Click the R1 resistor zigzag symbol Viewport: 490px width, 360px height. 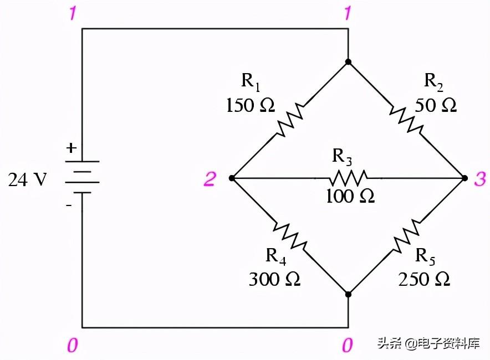tap(289, 120)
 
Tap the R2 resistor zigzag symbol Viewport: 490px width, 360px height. tap(407, 120)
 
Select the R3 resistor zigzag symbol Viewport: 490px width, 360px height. tap(348, 178)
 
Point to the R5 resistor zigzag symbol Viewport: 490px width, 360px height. tap(407, 236)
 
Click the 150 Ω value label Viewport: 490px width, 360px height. tap(250, 106)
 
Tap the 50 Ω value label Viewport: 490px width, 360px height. tap(436, 106)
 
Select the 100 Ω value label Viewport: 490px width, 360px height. tap(350, 196)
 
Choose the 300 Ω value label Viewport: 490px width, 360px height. tap(274, 279)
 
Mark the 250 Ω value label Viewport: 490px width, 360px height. tap(424, 279)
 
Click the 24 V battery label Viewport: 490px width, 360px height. tap(27, 180)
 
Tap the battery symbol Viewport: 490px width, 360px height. tap(82, 177)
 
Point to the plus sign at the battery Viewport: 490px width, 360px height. tap(70, 148)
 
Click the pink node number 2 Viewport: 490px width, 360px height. tap(210, 179)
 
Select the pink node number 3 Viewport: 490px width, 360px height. tap(479, 179)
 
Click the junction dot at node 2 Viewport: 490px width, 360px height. tap(231, 178)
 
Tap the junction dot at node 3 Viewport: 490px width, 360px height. tap(465, 178)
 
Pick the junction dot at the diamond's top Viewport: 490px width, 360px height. tap(348, 61)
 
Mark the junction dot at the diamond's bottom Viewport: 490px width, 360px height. tap(348, 294)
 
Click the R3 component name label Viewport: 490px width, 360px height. tap(342, 157)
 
